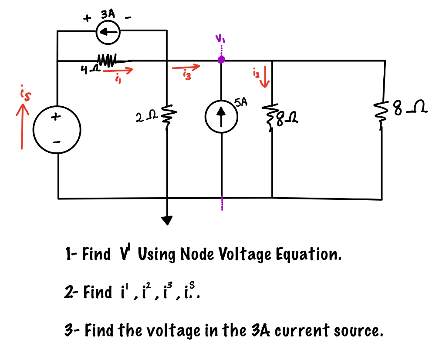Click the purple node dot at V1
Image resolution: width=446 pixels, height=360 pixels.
[x=221, y=60]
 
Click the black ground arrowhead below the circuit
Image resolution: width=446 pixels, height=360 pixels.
[x=167, y=221]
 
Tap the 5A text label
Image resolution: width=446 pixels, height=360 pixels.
[x=240, y=102]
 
